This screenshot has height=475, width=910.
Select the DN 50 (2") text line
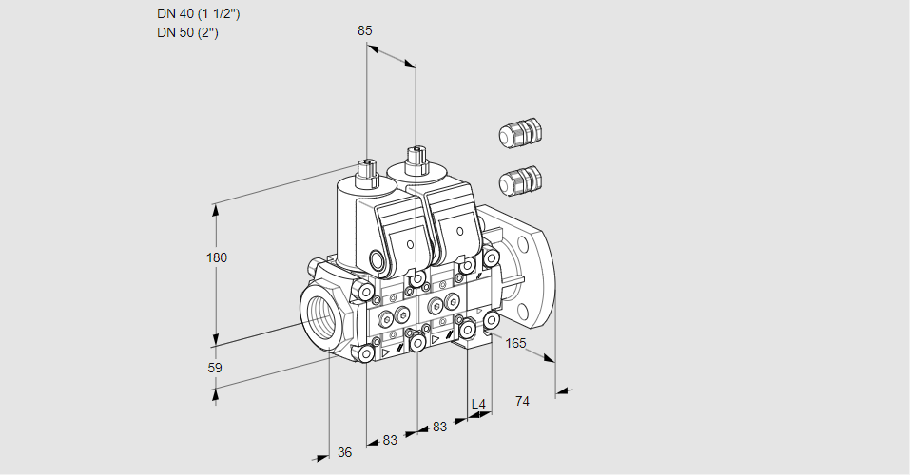click(188, 33)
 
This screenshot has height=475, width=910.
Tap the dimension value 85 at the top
click(364, 30)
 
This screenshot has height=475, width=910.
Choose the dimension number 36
click(344, 452)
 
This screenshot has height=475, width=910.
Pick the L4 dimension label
click(478, 405)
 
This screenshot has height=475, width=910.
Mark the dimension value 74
click(521, 401)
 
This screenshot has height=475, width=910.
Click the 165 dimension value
click(515, 343)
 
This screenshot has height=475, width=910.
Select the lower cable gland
click(520, 179)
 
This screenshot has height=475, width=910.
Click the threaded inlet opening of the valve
click(319, 313)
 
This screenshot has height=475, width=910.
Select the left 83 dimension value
click(390, 440)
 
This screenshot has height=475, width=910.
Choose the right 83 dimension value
click(438, 427)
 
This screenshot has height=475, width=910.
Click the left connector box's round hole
click(410, 245)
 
